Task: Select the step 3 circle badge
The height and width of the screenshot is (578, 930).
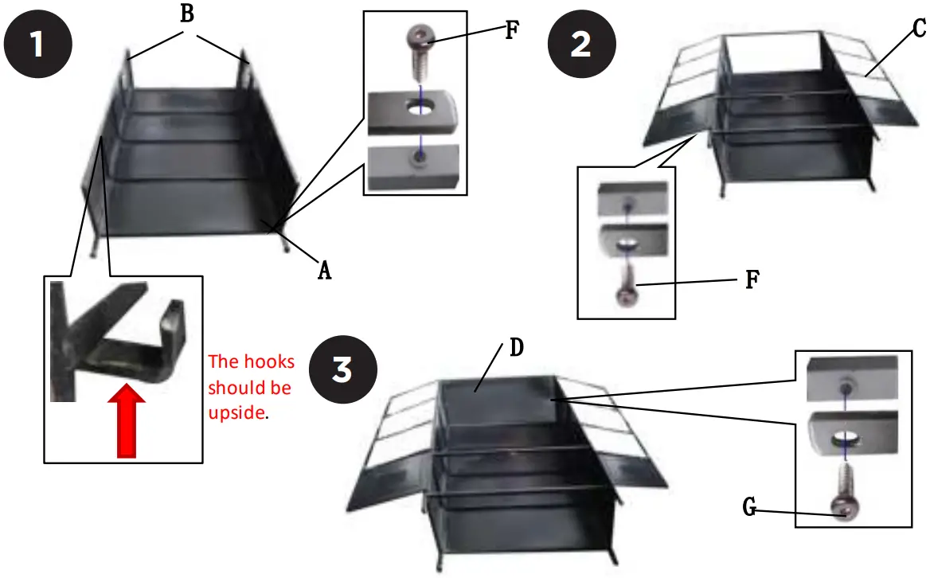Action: [x=342, y=371]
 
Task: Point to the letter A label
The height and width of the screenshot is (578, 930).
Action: [x=323, y=271]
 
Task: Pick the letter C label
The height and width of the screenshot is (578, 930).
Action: [x=918, y=29]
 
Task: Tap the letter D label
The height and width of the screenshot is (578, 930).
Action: [x=516, y=348]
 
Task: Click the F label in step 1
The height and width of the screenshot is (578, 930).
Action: [x=511, y=31]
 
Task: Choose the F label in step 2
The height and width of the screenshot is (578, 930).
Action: [x=750, y=281]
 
